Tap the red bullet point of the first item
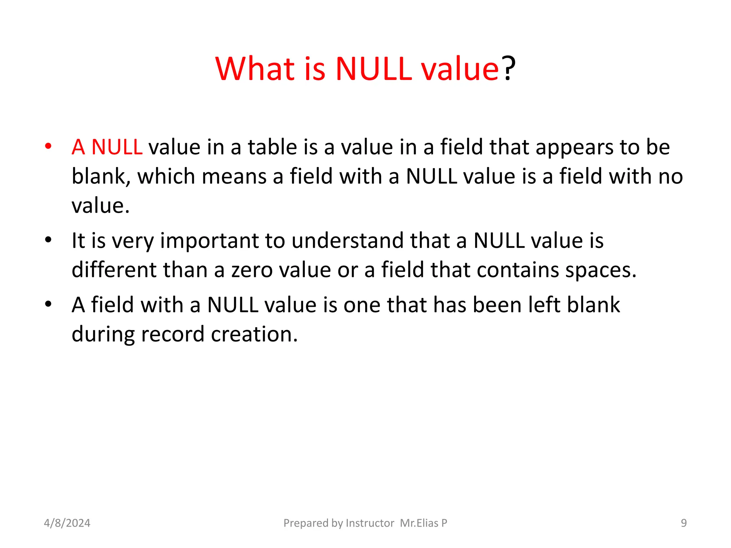48,146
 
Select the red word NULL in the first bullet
117,147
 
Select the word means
234,176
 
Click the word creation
254,334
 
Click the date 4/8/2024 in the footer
67,523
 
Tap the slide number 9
684,523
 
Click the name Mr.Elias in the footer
419,523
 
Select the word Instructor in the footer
370,523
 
